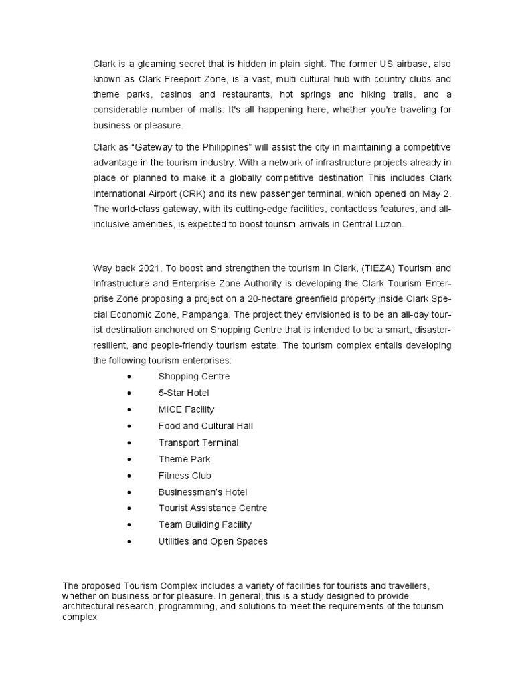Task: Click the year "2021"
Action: tap(148, 268)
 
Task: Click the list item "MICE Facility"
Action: tap(186, 409)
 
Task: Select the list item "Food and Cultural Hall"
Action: tap(205, 426)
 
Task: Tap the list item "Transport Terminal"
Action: tap(198, 442)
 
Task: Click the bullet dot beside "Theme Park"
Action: tap(128, 459)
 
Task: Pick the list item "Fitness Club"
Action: tap(185, 476)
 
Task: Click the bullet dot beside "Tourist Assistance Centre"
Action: tap(128, 508)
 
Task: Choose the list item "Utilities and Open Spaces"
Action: tap(213, 541)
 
